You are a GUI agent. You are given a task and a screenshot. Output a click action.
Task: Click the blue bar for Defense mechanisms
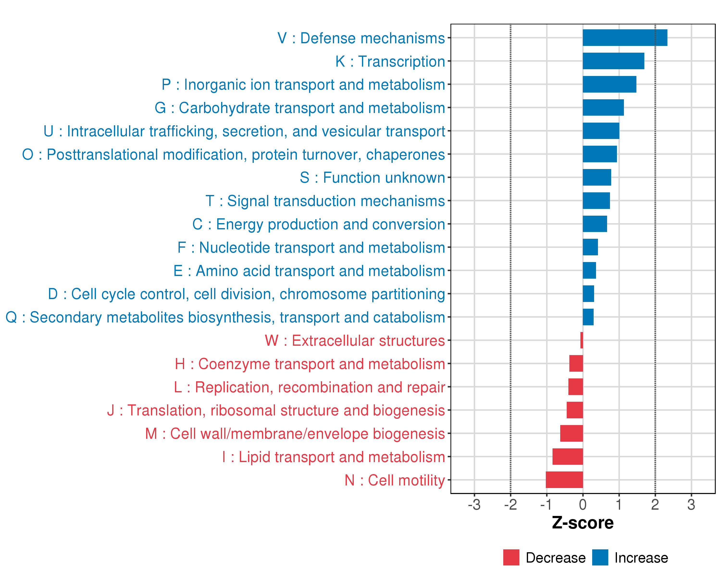(x=625, y=38)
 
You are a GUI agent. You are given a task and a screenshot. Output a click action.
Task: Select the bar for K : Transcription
(x=613, y=61)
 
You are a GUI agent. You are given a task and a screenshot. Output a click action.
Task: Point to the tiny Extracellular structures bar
(x=582, y=340)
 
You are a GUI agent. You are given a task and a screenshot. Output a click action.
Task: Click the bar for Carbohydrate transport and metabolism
(x=603, y=107)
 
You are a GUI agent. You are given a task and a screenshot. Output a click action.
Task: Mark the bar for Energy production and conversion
(x=595, y=224)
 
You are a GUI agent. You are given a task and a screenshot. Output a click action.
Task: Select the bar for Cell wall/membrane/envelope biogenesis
(x=572, y=433)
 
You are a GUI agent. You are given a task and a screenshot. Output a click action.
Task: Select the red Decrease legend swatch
(x=511, y=558)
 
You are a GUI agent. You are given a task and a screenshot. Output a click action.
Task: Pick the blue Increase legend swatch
(x=600, y=558)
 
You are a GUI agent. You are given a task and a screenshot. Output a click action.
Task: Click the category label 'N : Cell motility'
(x=395, y=480)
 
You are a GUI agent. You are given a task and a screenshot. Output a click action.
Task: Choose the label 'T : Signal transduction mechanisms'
(x=325, y=201)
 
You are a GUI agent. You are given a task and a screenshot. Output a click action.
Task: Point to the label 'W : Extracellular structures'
(x=355, y=340)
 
